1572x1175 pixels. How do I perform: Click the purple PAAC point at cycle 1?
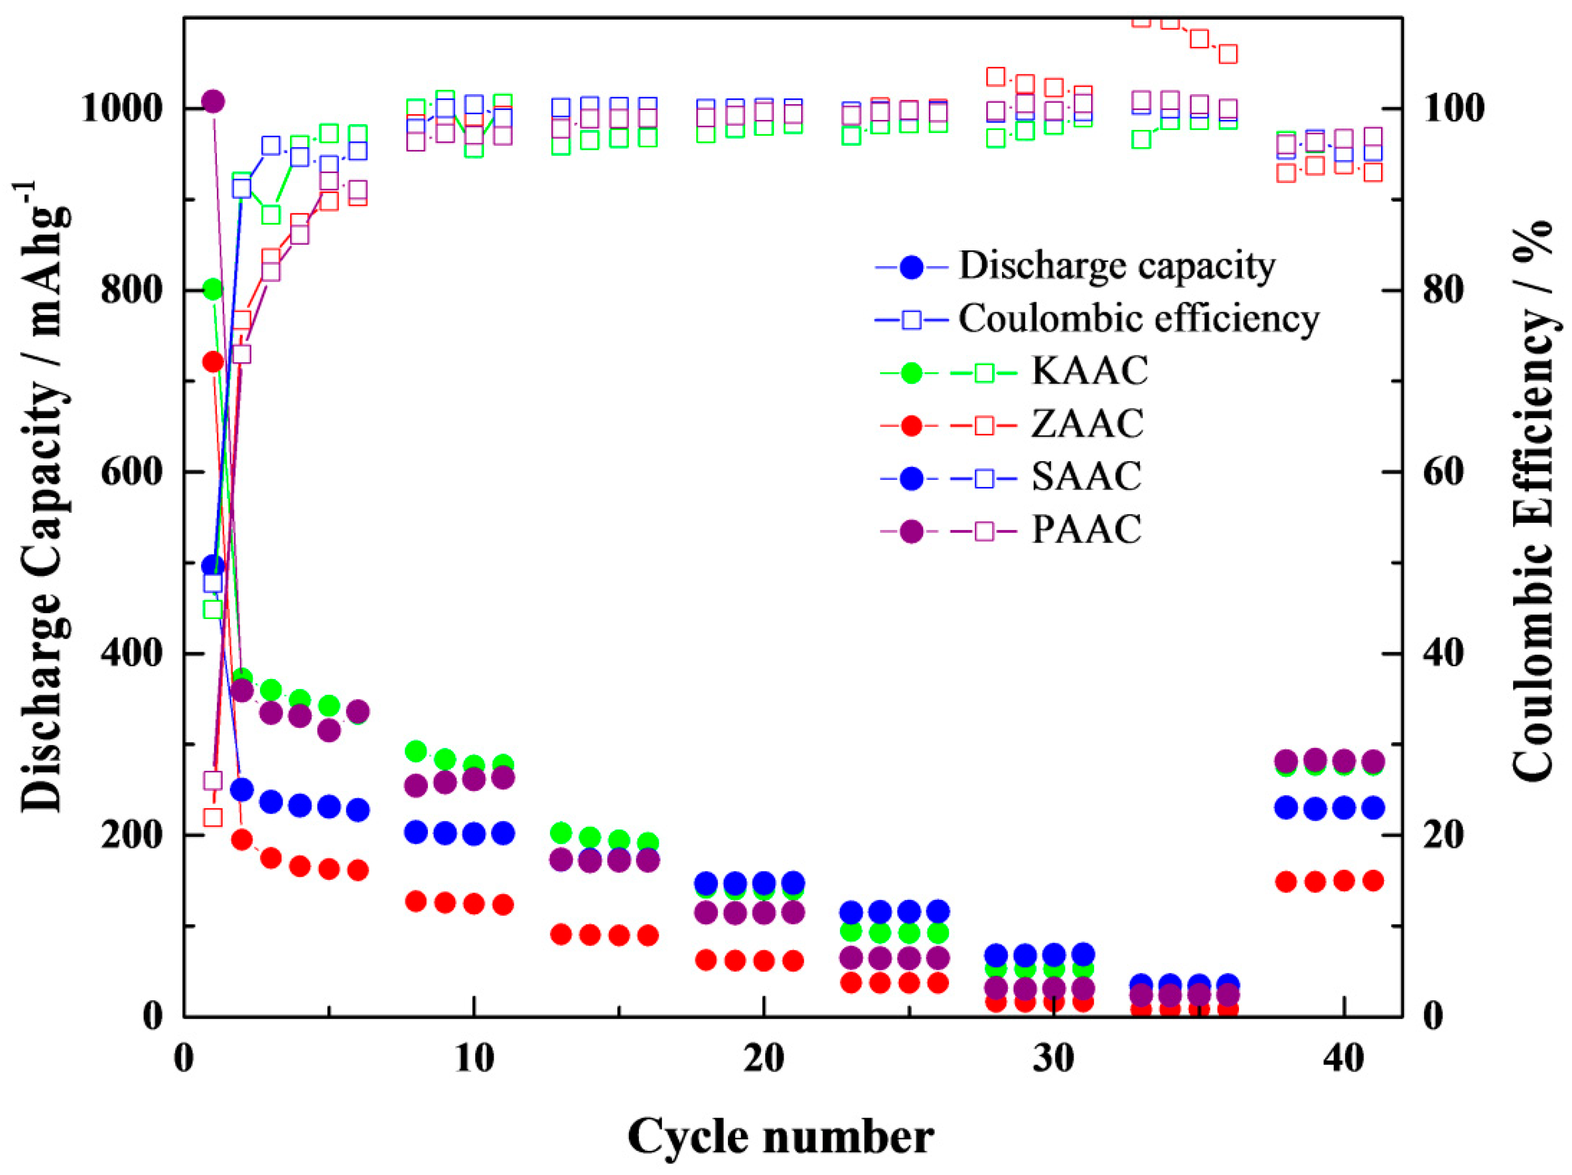[213, 102]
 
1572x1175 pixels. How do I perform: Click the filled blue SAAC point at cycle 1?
[213, 566]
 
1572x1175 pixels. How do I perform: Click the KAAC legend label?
[1089, 371]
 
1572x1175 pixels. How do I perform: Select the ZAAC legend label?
[1087, 424]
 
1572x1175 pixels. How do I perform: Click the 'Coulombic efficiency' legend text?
[1138, 319]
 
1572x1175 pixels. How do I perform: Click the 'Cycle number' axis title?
[780, 1137]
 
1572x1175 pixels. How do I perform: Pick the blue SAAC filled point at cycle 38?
[1286, 808]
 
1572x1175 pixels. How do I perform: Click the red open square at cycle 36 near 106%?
[1228, 53]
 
